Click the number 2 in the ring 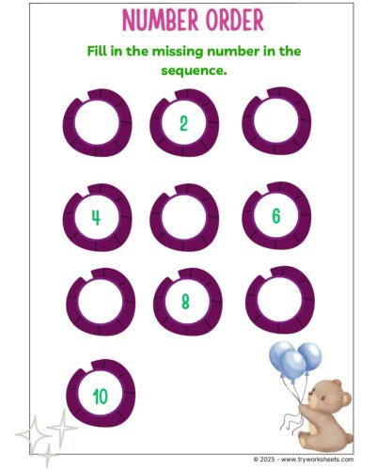[x=183, y=123]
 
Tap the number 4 [x=96, y=217]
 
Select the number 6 [x=276, y=216]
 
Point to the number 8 [x=185, y=302]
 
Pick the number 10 [x=101, y=397]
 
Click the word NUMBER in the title [x=161, y=21]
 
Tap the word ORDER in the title [x=235, y=21]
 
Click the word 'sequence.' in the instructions [x=194, y=70]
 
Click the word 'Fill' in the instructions [x=97, y=51]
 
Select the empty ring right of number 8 [x=251, y=302]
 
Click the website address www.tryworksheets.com [x=317, y=460]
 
